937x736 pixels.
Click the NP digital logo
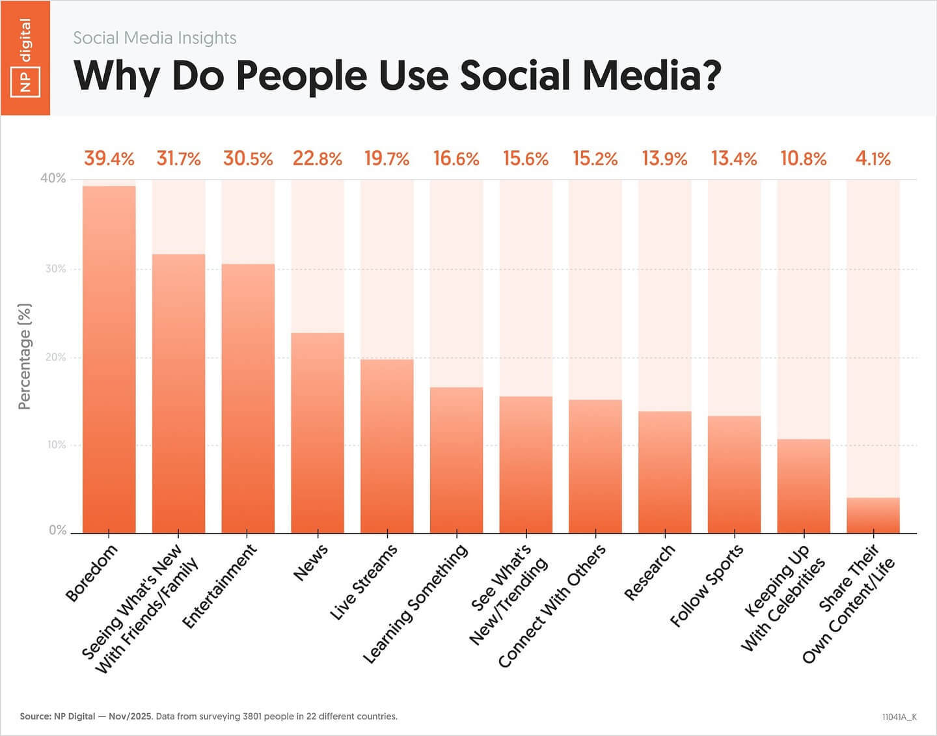click(25, 58)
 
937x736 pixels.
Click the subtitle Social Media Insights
click(154, 38)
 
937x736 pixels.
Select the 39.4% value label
click(109, 159)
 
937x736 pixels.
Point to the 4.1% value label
click(873, 159)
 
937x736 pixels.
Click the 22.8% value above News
click(317, 159)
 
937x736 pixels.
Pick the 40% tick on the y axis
click(53, 178)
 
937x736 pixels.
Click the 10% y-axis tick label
click(55, 445)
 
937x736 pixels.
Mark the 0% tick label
click(57, 530)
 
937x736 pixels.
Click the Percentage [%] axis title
click(25, 356)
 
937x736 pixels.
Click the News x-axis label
click(311, 564)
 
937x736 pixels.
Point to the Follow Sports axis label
click(707, 586)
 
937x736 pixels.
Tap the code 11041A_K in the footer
click(899, 717)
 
